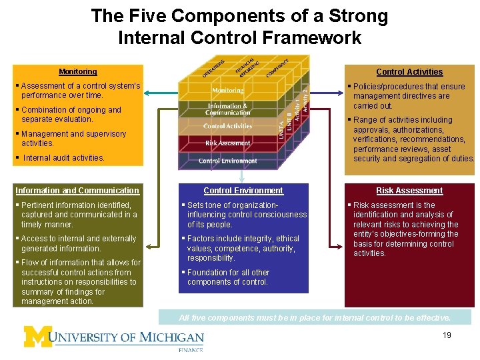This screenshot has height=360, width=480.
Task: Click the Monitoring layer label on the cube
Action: [227, 91]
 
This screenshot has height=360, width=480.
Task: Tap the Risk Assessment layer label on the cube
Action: [227, 143]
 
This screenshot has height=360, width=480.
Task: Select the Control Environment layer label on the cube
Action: [227, 161]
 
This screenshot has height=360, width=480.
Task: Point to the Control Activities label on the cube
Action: [227, 126]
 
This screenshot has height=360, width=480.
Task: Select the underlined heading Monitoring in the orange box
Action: [77, 71]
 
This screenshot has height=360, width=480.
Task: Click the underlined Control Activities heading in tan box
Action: [409, 72]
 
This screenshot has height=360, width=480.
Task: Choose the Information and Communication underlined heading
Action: [77, 191]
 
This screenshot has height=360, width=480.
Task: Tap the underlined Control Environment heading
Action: [243, 191]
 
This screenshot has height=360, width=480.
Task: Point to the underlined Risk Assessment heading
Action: [409, 191]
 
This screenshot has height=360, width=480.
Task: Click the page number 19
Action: [446, 335]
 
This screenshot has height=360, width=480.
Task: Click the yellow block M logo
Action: [39, 337]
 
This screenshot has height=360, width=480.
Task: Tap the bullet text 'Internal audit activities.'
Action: [64, 158]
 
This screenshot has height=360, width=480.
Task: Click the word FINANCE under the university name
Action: [191, 349]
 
